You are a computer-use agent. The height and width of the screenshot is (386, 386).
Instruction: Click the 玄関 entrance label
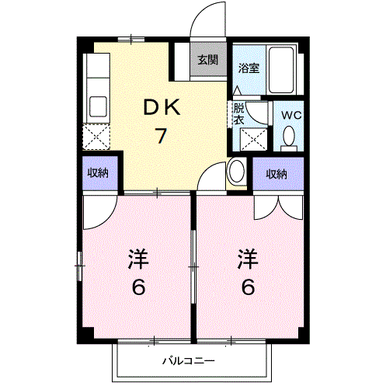tap(206, 59)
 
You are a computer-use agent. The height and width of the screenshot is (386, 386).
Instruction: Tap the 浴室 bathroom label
tap(249, 67)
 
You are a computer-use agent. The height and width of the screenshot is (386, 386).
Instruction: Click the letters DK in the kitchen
tap(162, 108)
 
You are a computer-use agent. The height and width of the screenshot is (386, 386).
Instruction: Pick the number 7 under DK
tap(162, 136)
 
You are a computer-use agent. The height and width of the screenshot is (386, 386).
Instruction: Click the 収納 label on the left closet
tap(98, 172)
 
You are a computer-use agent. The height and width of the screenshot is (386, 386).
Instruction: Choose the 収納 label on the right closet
tap(276, 174)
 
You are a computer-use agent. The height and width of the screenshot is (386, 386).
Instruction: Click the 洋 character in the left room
tap(139, 259)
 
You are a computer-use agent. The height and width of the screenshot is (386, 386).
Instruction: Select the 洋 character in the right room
tap(248, 258)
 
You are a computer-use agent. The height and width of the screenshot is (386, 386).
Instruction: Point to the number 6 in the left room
tap(139, 287)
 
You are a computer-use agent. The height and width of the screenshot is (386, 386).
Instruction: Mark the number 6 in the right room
tap(248, 287)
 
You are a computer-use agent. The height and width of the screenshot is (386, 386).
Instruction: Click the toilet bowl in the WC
tap(290, 137)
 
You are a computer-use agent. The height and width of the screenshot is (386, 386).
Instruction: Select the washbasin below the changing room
tap(237, 172)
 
